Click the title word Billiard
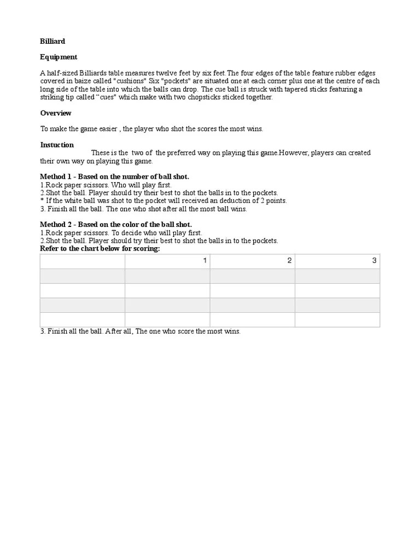[52, 41]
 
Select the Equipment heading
[59, 57]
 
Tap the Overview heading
[56, 113]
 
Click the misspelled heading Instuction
[57, 145]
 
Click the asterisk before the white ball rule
[42, 201]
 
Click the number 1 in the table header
[205, 261]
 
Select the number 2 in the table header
[290, 261]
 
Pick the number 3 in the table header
[374, 261]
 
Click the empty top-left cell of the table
[83, 261]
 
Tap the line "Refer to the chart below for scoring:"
[100, 249]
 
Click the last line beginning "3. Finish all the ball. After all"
[140, 331]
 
